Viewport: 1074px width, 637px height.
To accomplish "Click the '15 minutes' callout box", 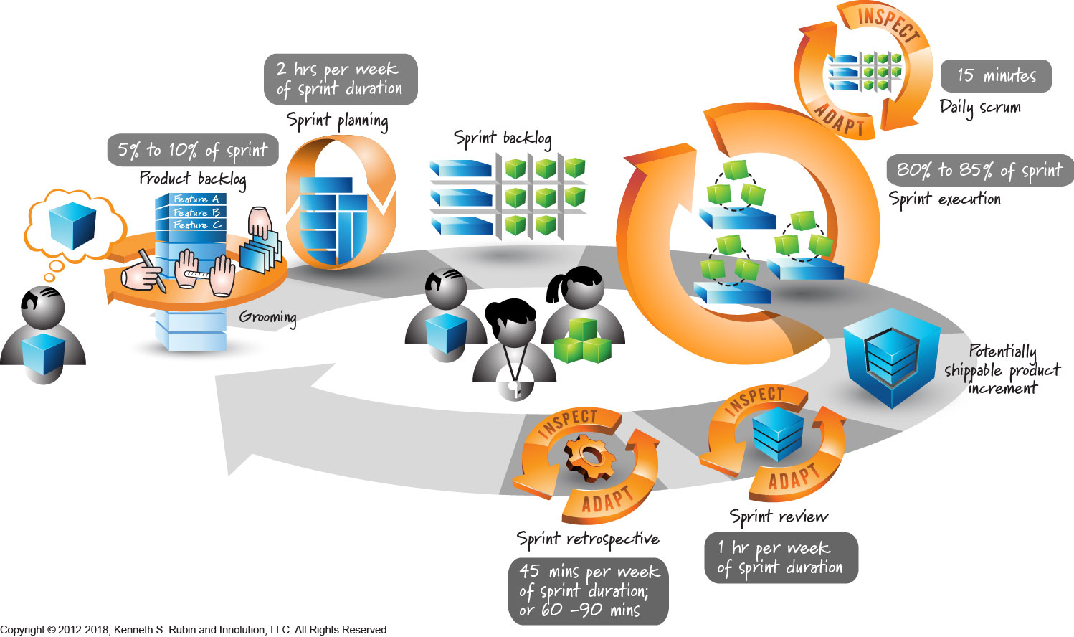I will point(996,75).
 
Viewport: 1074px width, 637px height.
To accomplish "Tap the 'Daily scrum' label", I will point(980,107).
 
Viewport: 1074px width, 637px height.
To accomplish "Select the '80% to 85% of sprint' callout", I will point(979,170).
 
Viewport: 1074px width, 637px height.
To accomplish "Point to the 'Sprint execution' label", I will point(945,199).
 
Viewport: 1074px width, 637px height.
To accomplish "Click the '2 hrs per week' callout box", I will point(340,79).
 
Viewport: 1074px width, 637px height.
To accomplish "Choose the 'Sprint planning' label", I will point(337,120).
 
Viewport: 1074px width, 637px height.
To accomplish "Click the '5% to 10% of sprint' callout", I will point(192,150).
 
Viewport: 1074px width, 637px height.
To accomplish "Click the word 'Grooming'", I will point(267,317).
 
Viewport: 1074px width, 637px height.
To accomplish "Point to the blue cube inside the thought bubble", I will point(72,225).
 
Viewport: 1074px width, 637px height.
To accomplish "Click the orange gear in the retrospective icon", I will point(589,456).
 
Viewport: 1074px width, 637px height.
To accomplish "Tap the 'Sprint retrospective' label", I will point(587,539).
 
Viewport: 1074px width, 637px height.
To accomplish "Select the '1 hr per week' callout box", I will point(781,557).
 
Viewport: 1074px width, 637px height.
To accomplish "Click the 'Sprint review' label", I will point(779,516).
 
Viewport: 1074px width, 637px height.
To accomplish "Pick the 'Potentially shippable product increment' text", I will point(1002,369).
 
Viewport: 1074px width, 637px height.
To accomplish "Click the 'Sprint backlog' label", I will point(502,138).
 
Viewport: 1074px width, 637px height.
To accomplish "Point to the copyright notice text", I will point(194,630).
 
